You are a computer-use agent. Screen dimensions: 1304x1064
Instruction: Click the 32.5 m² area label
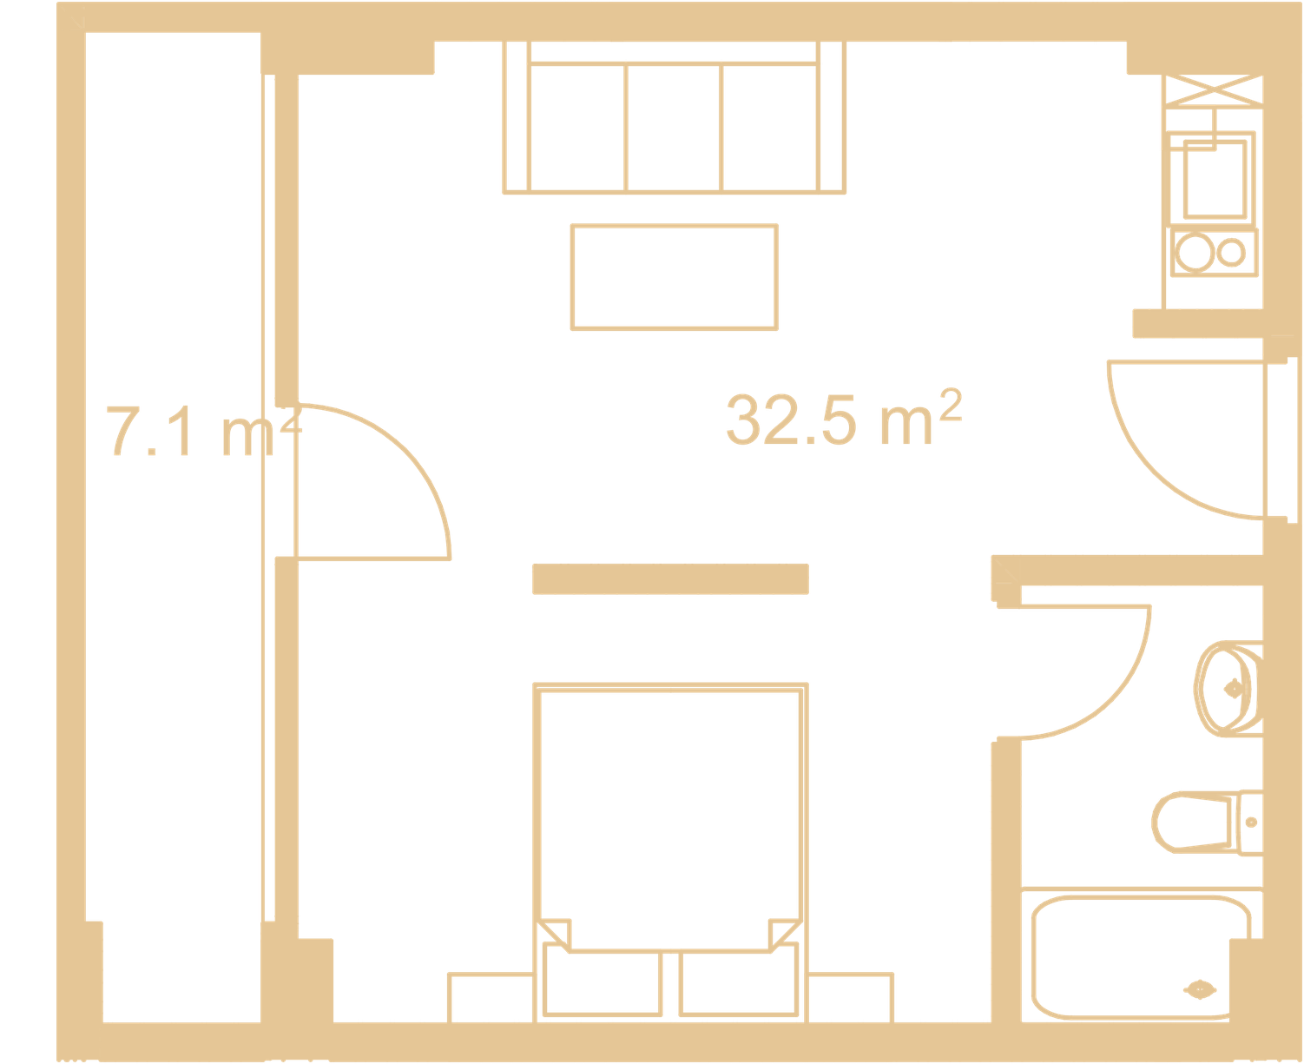click(x=843, y=418)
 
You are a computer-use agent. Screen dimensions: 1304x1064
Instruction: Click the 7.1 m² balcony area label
click(x=204, y=430)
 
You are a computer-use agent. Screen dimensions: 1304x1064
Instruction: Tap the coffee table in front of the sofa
click(x=674, y=277)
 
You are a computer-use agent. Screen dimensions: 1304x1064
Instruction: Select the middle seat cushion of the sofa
click(x=674, y=128)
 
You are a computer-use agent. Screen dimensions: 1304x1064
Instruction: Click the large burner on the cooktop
click(x=1194, y=253)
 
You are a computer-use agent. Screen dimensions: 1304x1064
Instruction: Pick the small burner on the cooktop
click(x=1230, y=253)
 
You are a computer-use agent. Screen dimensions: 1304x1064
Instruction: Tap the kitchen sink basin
click(x=1215, y=180)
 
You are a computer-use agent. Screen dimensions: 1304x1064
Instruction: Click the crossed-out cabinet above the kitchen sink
click(x=1213, y=90)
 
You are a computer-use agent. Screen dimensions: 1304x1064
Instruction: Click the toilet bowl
click(x=1191, y=823)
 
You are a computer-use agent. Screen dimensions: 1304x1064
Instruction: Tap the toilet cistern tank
click(x=1250, y=823)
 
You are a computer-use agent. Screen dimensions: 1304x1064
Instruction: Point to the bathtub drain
click(x=1200, y=989)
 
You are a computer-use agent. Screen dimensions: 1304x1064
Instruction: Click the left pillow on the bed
click(x=603, y=983)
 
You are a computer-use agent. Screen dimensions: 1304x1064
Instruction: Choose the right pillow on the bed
click(x=738, y=983)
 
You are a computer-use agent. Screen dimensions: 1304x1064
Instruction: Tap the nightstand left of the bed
click(x=491, y=999)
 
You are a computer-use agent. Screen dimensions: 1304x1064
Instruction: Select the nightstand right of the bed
click(x=850, y=999)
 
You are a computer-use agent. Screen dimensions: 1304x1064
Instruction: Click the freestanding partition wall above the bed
click(x=670, y=579)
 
